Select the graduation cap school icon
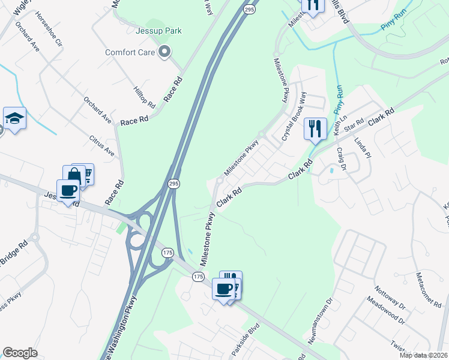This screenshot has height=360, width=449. point(14,118)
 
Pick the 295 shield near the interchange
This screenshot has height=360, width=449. point(173,185)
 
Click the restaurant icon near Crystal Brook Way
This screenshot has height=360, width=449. point(315,128)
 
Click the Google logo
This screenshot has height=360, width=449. point(20,353)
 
